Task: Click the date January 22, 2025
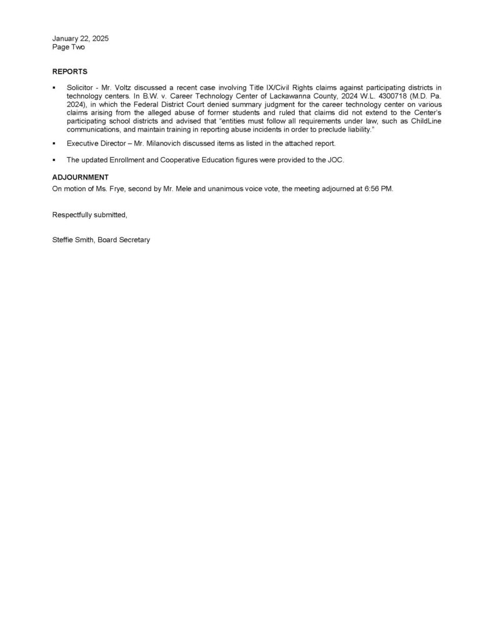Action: [x=81, y=39]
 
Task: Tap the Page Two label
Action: [x=69, y=47]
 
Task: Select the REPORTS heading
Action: [x=70, y=72]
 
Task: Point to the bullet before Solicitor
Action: [x=54, y=89]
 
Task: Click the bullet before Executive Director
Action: [x=54, y=144]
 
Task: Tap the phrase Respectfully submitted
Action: [x=90, y=215]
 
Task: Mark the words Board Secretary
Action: [x=127, y=240]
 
